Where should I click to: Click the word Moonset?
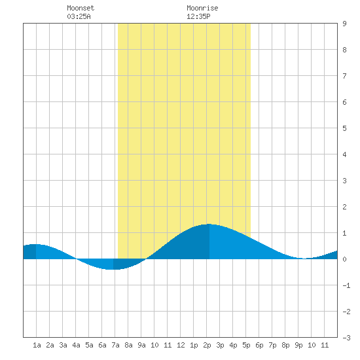pyautogui.click(x=81, y=8)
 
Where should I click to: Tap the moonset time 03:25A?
pyautogui.click(x=79, y=16)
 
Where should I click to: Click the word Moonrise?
pyautogui.click(x=202, y=8)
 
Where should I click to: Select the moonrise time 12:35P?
pyautogui.click(x=198, y=16)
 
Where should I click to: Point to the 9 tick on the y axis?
pyautogui.click(x=344, y=24)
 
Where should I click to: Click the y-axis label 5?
pyautogui.click(x=344, y=128)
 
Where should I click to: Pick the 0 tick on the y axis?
pyautogui.click(x=344, y=259)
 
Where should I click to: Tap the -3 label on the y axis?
pyautogui.click(x=346, y=338)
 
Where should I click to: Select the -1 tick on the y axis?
pyautogui.click(x=346, y=285)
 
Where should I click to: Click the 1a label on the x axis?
pyautogui.click(x=37, y=345)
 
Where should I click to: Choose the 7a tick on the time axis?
pyautogui.click(x=115, y=345)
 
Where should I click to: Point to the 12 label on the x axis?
pyautogui.click(x=181, y=345)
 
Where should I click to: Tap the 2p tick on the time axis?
pyautogui.click(x=207, y=345)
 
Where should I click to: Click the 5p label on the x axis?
pyautogui.click(x=246, y=345)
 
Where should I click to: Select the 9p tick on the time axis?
pyautogui.click(x=298, y=345)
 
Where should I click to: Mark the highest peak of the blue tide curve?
pyautogui.click(x=209, y=224)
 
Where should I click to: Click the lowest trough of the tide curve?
pyautogui.click(x=113, y=269)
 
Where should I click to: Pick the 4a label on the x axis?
pyautogui.click(x=76, y=345)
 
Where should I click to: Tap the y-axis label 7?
pyautogui.click(x=344, y=76)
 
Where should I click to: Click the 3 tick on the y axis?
pyautogui.click(x=344, y=181)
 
